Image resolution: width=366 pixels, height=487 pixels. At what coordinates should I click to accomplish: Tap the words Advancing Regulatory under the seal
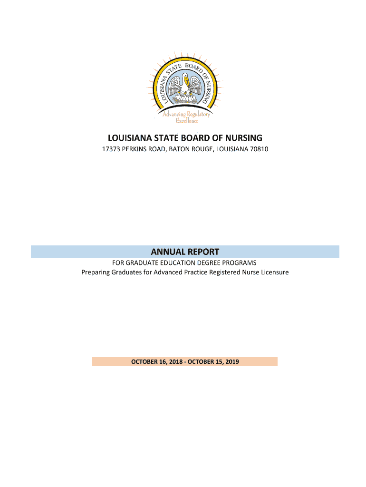coord(186,114)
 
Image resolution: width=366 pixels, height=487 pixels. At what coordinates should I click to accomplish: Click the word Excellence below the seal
coord(186,121)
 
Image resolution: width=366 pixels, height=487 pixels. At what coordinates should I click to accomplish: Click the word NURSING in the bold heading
coord(242,138)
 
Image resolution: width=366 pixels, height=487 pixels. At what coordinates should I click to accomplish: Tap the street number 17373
coord(112,150)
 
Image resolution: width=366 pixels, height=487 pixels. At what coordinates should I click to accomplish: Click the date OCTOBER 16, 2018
coord(157,362)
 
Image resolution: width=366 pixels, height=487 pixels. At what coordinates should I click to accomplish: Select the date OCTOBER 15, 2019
coord(213,362)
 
